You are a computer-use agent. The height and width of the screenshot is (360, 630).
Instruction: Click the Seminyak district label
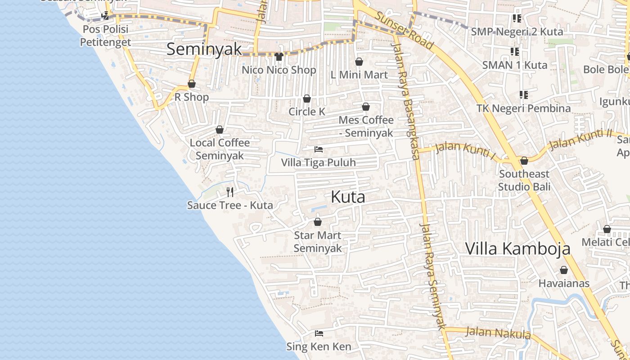pos(204,49)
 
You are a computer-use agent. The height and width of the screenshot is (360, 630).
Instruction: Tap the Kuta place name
pos(348,197)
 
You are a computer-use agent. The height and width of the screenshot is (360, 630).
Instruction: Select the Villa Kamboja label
pos(517,248)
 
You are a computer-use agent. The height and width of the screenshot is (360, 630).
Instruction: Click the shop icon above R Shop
pos(192,84)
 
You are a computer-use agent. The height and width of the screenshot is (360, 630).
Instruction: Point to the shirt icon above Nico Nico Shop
pos(279,56)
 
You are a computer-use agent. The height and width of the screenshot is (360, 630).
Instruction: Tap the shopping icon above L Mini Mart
pos(359,61)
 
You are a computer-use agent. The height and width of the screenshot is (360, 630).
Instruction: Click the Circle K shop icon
pos(307,99)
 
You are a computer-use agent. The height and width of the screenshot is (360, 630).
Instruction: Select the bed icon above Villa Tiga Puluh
pos(319,149)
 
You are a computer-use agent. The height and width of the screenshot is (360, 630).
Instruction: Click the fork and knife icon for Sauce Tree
pos(230,192)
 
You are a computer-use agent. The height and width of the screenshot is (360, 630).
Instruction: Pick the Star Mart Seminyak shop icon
pos(318,222)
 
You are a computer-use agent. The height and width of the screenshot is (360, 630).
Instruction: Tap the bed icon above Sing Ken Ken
pos(319,333)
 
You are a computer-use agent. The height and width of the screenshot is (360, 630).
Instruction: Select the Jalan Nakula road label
pos(498,333)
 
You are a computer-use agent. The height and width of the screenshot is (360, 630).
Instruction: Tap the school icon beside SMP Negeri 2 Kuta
pos(517,18)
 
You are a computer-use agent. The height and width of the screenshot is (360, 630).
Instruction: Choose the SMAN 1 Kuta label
pos(515,65)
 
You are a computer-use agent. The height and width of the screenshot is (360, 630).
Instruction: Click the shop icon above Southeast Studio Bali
pos(524,161)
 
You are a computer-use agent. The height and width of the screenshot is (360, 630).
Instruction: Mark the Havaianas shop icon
pos(563,270)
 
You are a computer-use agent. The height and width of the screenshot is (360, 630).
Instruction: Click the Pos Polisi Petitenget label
pos(106,36)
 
